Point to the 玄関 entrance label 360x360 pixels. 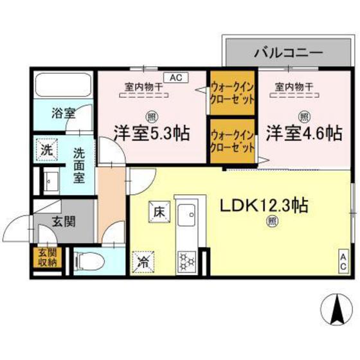pos(63,222)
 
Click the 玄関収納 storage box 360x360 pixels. pos(46,256)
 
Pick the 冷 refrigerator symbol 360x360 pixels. pos(142,262)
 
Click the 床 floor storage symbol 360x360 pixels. pos(157,210)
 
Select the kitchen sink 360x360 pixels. pos(187,213)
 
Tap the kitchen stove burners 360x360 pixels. pos(187,260)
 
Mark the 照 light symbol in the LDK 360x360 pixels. pos(271,223)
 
